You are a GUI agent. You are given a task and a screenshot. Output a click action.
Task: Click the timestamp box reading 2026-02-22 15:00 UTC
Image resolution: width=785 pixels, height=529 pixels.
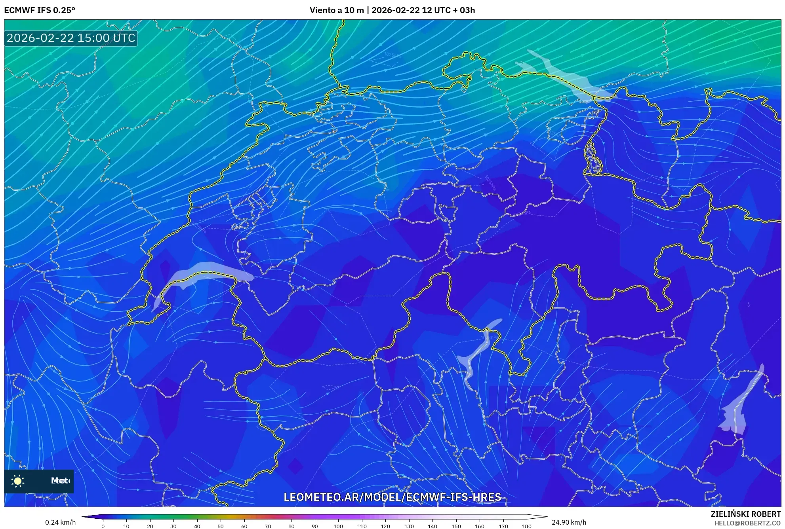click(71, 38)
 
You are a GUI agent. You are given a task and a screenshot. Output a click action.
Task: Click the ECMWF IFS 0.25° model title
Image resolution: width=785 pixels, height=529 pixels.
click(40, 10)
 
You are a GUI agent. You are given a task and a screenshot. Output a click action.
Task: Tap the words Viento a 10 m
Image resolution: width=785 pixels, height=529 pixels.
click(336, 10)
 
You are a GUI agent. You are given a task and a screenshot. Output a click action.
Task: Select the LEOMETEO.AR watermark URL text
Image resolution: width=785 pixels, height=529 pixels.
click(392, 497)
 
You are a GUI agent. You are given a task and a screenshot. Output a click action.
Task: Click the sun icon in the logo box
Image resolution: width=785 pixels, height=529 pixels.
click(18, 481)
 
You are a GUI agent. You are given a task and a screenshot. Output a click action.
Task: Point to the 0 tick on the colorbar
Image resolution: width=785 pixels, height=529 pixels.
click(103, 526)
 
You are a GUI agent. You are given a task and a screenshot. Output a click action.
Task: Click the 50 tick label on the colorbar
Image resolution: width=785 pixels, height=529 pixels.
click(221, 526)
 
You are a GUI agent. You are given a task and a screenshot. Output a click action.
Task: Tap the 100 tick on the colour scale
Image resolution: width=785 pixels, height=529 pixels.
click(338, 526)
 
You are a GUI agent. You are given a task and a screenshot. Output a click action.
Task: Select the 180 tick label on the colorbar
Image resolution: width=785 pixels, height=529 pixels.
click(526, 526)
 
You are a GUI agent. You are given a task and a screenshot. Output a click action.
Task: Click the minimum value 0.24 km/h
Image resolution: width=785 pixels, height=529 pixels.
click(60, 522)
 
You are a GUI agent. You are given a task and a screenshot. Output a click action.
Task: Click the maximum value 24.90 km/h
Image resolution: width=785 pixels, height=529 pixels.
click(569, 522)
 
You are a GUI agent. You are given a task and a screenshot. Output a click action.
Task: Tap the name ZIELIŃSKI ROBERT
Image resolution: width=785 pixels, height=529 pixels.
click(745, 514)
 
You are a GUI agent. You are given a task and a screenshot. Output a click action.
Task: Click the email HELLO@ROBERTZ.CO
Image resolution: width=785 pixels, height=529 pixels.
click(747, 523)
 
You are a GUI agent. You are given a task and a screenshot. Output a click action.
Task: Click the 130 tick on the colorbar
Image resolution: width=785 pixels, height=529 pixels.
click(409, 526)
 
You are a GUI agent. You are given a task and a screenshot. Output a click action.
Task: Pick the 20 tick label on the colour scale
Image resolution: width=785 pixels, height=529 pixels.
click(150, 526)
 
